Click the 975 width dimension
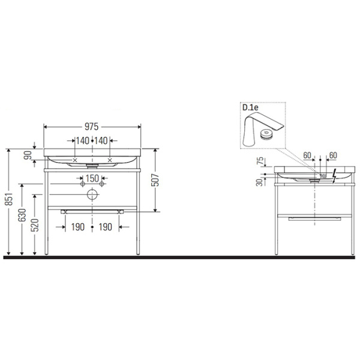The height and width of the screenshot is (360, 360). tap(92, 127)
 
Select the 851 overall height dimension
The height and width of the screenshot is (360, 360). tap(7, 202)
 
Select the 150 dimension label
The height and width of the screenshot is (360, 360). tap(92, 178)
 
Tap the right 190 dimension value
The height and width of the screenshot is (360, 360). tap(106, 227)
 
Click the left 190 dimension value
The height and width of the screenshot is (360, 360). tap(77, 227)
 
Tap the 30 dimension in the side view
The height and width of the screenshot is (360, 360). tap(260, 183)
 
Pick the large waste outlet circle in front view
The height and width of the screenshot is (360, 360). tap(92, 194)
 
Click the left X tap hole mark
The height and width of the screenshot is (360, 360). tap(75, 160)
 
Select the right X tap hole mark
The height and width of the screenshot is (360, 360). tap(109, 160)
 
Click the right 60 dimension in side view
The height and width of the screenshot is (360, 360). tap(333, 155)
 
